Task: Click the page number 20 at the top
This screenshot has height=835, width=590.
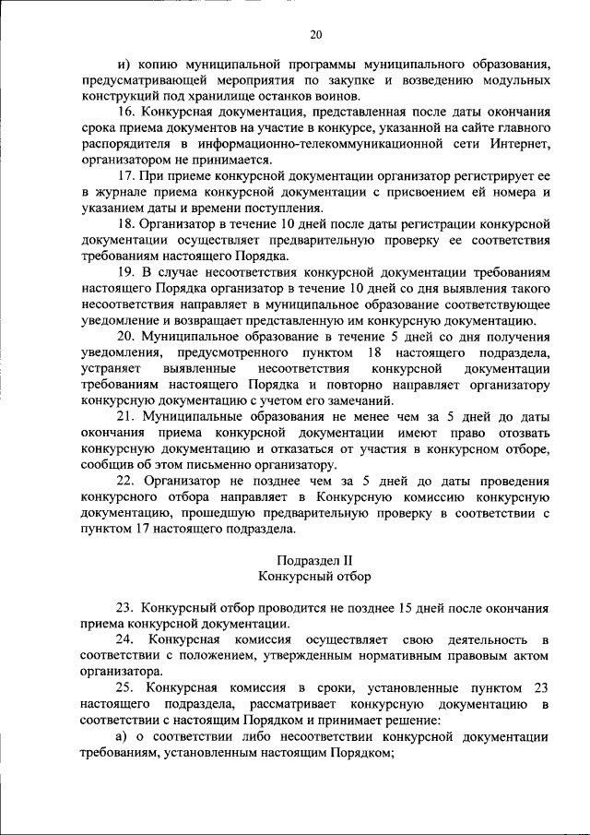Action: point(315,35)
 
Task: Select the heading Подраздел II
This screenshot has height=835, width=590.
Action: point(315,560)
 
